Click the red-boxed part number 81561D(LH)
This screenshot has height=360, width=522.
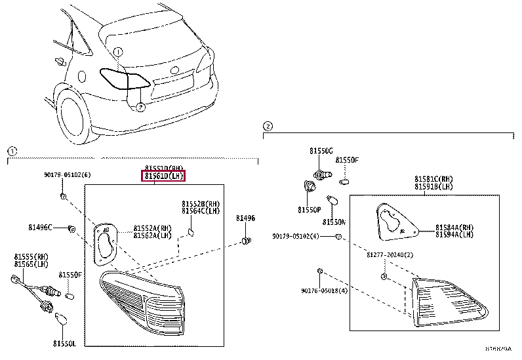(x=163, y=176)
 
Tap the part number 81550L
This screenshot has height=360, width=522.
(x=65, y=343)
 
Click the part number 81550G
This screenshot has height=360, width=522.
(x=321, y=151)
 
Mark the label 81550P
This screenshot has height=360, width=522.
(x=308, y=210)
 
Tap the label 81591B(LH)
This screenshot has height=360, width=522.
(x=433, y=186)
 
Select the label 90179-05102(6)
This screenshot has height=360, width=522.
(x=68, y=174)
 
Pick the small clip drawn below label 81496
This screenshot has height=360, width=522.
(x=246, y=241)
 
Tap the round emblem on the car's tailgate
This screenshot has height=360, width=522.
(x=174, y=70)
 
